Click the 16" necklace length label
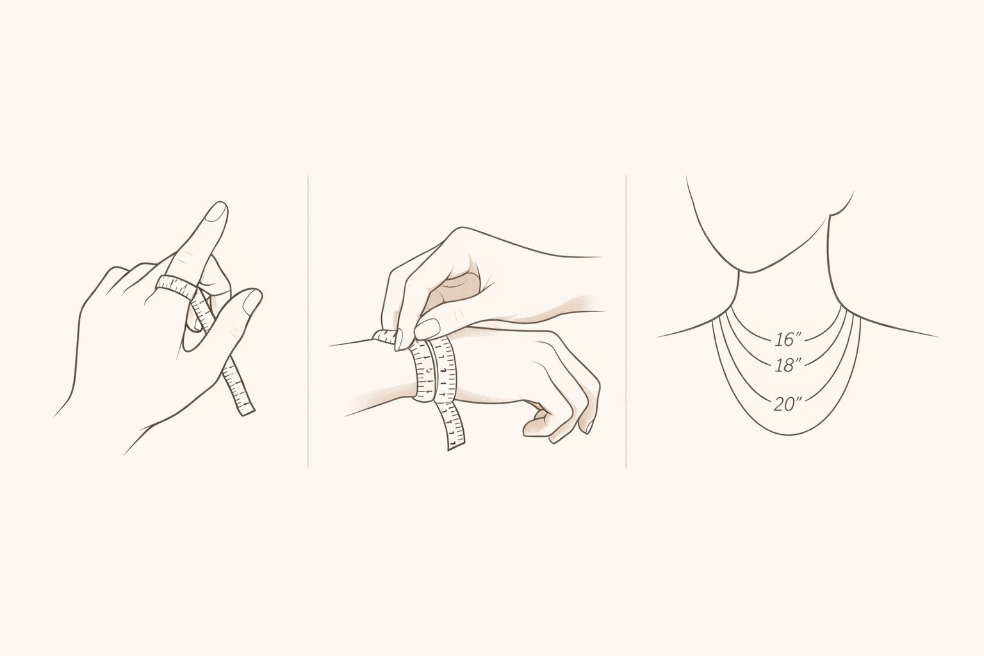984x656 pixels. (787, 339)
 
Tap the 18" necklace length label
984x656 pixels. (787, 365)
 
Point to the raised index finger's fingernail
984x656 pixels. (217, 213)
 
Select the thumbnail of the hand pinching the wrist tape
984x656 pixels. (427, 329)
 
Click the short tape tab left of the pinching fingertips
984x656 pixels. (385, 336)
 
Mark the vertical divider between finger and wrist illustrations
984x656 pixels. (308, 321)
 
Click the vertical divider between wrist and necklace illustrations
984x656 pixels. (626, 321)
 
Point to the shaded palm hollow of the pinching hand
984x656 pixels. (457, 286)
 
